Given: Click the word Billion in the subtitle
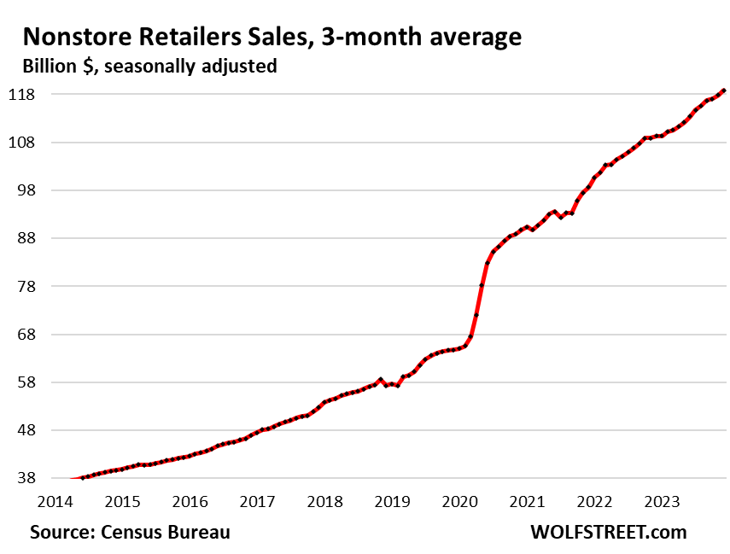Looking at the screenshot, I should click(50, 66).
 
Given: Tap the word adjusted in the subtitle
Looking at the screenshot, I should click(241, 66).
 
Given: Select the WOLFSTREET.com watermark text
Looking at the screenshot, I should click(609, 532).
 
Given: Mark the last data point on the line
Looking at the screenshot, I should click(724, 90).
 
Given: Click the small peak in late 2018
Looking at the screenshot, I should click(380, 379).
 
